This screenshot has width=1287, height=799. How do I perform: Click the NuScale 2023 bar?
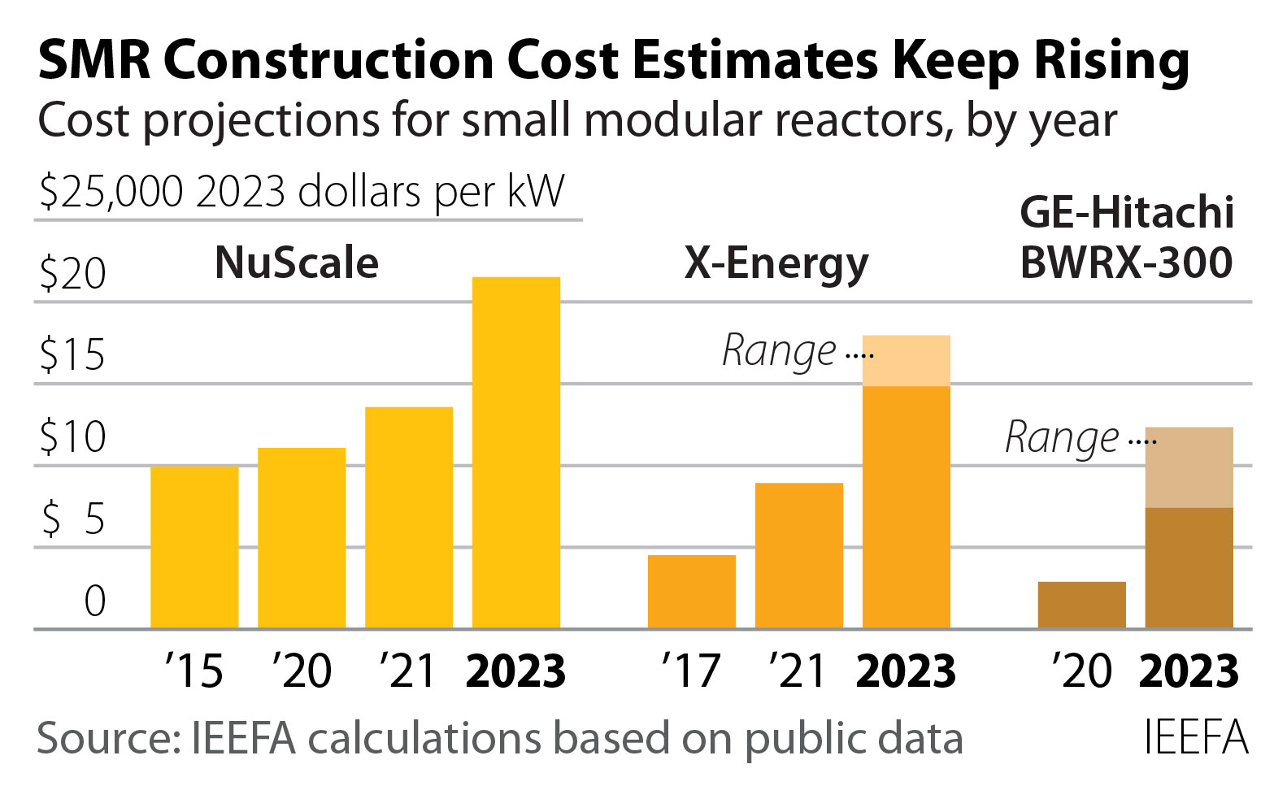coord(516,452)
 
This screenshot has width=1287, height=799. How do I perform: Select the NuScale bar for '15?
coord(194,546)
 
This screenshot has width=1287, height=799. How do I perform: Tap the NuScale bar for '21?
coord(409,517)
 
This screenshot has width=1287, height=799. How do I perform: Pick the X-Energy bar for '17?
coord(692,591)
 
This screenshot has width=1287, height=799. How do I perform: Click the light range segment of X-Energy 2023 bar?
coord(907,360)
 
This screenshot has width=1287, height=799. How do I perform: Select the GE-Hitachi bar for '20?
coord(1081,604)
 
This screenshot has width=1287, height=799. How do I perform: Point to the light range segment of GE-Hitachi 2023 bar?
coord(1189,467)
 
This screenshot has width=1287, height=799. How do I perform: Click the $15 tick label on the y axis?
coord(72,355)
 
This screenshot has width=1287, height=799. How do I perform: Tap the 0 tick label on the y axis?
coord(95,601)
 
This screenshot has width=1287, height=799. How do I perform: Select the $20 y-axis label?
coord(72,274)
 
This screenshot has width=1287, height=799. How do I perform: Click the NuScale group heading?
coord(297,263)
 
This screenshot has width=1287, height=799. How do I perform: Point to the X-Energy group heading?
coord(776,263)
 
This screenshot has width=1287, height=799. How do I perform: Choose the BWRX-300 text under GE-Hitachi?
coord(1126,263)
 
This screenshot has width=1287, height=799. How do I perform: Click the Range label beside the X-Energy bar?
coord(779,351)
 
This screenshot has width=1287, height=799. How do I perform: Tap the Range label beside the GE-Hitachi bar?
coord(1062,438)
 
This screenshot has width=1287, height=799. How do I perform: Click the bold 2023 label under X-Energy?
coord(906,671)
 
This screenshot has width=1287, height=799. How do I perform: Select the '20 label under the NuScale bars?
coord(302,671)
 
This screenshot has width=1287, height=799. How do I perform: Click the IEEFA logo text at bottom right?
coord(1195,737)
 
